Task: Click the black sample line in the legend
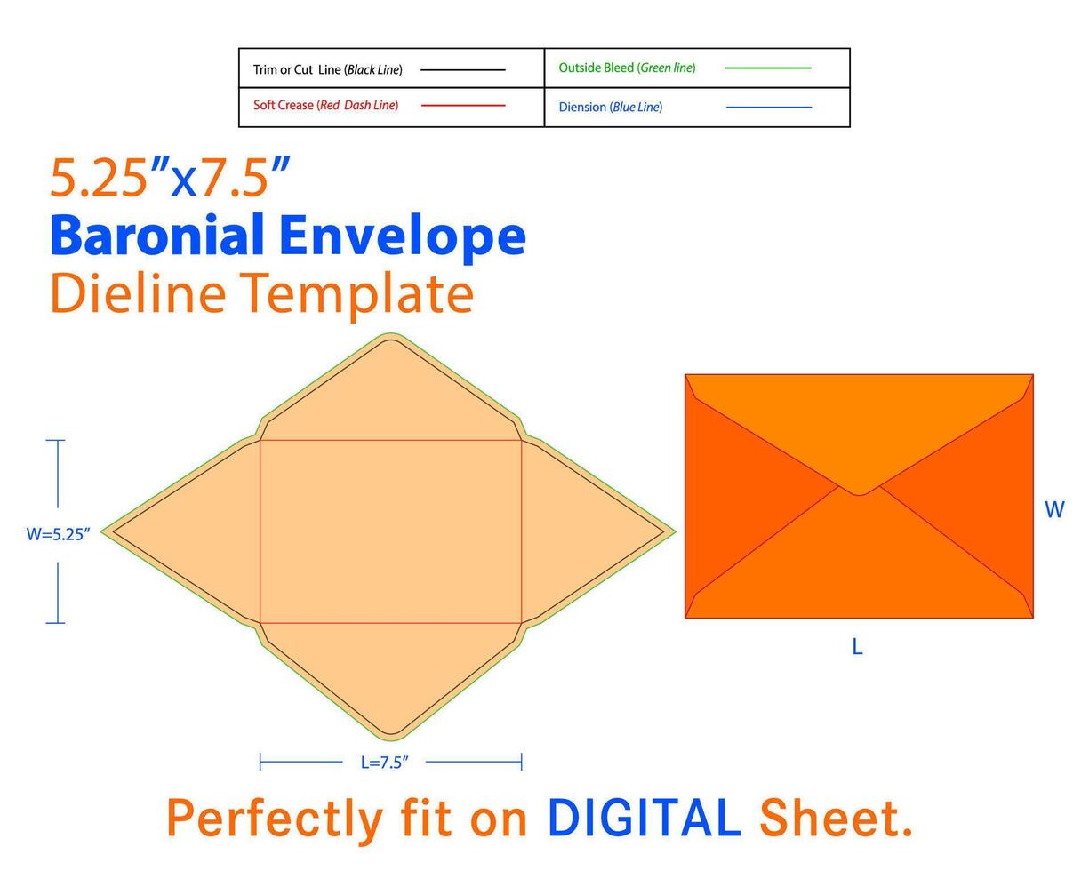(x=462, y=70)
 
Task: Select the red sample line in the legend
(x=463, y=105)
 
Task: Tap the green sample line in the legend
(x=767, y=68)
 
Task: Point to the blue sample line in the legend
(x=768, y=108)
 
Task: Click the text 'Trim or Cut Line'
(x=297, y=70)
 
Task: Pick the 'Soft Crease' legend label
(x=283, y=105)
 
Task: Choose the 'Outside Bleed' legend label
(x=596, y=68)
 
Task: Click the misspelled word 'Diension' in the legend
(x=582, y=108)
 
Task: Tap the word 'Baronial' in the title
(x=157, y=235)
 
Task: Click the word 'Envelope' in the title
(x=403, y=237)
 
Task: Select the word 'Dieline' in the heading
(x=138, y=293)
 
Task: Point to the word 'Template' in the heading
(x=356, y=296)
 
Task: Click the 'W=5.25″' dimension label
(x=58, y=534)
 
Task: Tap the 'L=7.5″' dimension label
(x=384, y=763)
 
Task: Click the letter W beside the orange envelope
(x=1054, y=509)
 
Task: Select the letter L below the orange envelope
(x=857, y=646)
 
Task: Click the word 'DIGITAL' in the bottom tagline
(x=645, y=818)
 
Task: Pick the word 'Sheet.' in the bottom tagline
(x=836, y=818)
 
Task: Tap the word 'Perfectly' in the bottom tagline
(x=275, y=819)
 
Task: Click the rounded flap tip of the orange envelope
(x=859, y=493)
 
